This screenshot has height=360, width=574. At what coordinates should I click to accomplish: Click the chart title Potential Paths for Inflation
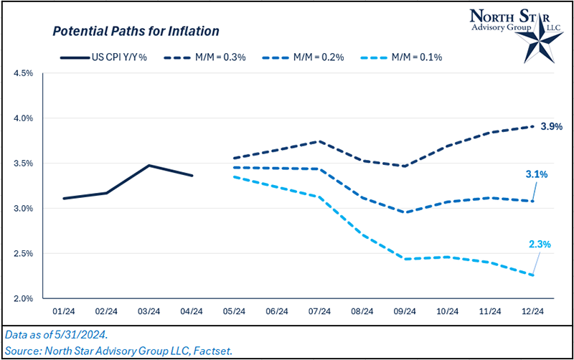pyautogui.click(x=135, y=32)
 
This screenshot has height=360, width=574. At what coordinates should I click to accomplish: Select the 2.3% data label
pyautogui.click(x=539, y=244)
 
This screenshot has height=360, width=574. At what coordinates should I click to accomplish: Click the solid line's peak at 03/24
pyautogui.click(x=149, y=166)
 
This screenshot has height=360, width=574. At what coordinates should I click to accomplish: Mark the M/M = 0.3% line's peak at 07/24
pyautogui.click(x=319, y=141)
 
